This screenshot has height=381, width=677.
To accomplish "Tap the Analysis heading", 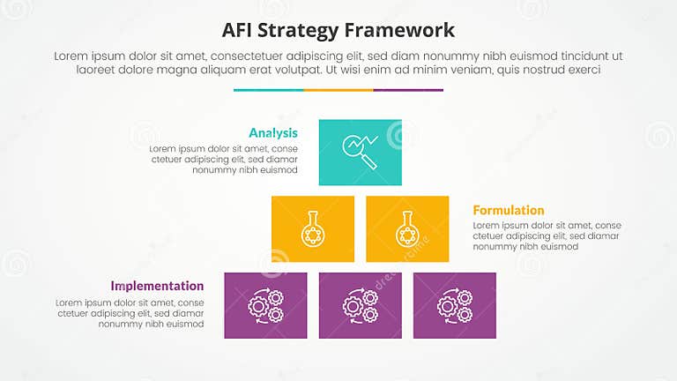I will [273, 132].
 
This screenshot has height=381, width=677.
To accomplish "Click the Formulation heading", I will [509, 210].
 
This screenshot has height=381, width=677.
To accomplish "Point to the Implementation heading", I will [157, 286].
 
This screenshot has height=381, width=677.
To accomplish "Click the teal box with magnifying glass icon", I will [360, 153].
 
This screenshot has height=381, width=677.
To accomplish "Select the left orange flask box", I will [312, 229].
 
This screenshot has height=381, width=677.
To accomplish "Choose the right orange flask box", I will [407, 229].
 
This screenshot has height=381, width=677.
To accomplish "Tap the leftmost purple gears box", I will [265, 305].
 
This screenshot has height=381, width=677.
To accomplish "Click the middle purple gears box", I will [360, 305].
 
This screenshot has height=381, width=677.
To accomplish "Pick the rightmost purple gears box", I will [454, 305].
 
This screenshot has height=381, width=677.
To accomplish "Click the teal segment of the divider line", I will [268, 89].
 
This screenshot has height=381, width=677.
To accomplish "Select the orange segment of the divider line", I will [338, 89].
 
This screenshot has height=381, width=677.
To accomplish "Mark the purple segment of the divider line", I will [408, 89].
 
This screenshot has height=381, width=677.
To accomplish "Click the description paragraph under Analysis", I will [223, 160].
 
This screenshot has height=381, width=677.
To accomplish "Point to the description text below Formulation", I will [547, 235].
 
